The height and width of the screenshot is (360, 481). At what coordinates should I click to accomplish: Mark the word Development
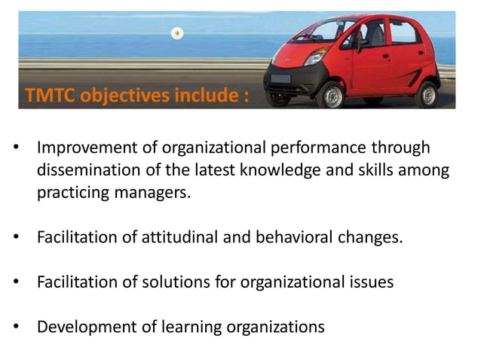pyautogui.click(x=84, y=328)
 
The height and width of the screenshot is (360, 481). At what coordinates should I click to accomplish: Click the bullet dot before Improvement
pyautogui.click(x=17, y=148)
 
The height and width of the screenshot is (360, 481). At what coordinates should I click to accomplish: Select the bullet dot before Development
pyautogui.click(x=17, y=328)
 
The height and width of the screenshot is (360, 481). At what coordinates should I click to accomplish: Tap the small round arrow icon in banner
pyautogui.click(x=176, y=33)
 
